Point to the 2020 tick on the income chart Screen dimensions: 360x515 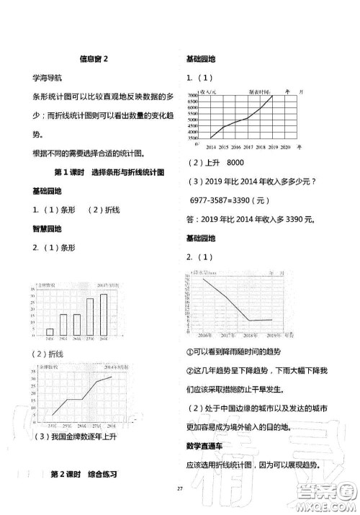[286, 145]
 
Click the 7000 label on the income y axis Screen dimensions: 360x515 [192, 95]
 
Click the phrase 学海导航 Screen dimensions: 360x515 [48, 76]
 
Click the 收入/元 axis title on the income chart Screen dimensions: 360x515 [212, 91]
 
